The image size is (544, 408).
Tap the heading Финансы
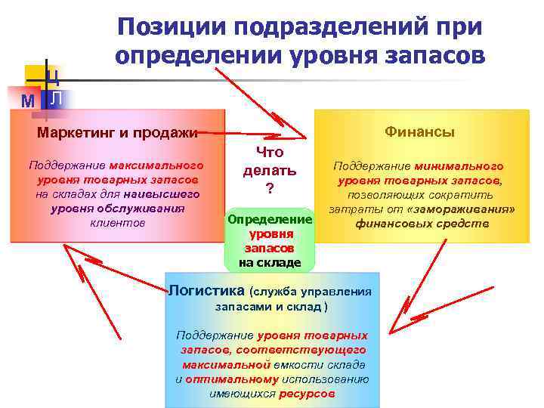[x=419, y=132]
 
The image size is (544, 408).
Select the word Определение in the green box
[x=270, y=219]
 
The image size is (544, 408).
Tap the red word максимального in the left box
[x=156, y=165]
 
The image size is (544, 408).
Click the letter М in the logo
[x=27, y=100]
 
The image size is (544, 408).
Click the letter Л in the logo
[x=57, y=99]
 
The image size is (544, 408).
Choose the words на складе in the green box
[x=269, y=263]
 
